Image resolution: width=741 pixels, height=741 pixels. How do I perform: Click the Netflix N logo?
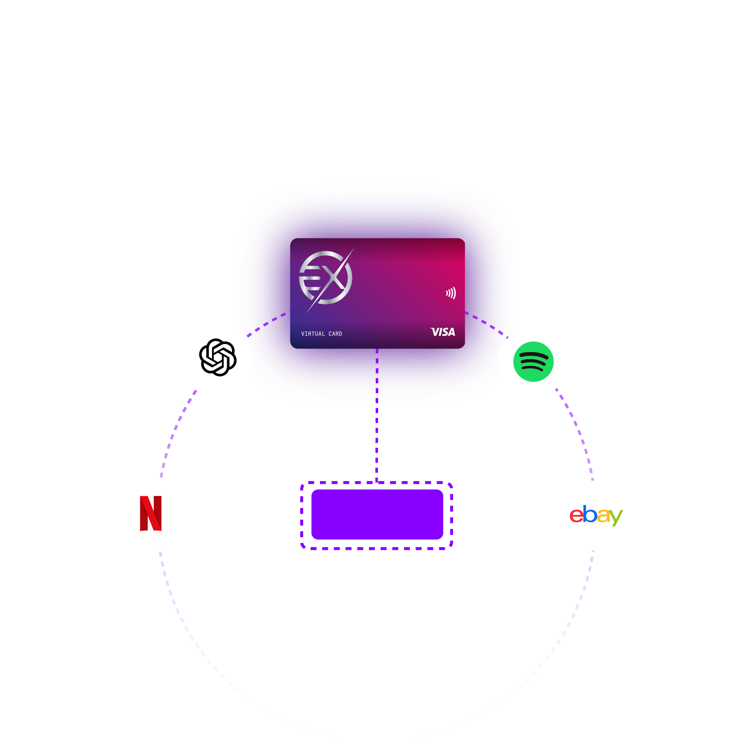point(151,514)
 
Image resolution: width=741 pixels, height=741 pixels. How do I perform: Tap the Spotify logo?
point(533,362)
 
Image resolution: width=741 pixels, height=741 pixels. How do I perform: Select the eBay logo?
point(596,515)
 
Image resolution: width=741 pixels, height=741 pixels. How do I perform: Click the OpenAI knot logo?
point(217,358)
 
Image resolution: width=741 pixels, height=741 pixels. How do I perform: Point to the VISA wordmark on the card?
point(443,332)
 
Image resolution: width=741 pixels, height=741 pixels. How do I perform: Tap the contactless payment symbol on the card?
point(451,293)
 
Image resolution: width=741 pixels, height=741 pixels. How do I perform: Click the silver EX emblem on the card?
point(325,278)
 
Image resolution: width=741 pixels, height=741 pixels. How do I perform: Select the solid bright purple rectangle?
point(377,515)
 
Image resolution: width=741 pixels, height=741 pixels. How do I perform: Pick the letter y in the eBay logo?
point(616,518)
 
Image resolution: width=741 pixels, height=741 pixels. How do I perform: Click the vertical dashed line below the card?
point(377,414)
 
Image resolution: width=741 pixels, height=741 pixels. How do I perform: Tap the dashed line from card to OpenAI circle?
point(269,322)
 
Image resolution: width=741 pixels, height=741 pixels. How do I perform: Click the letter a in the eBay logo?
point(603,516)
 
